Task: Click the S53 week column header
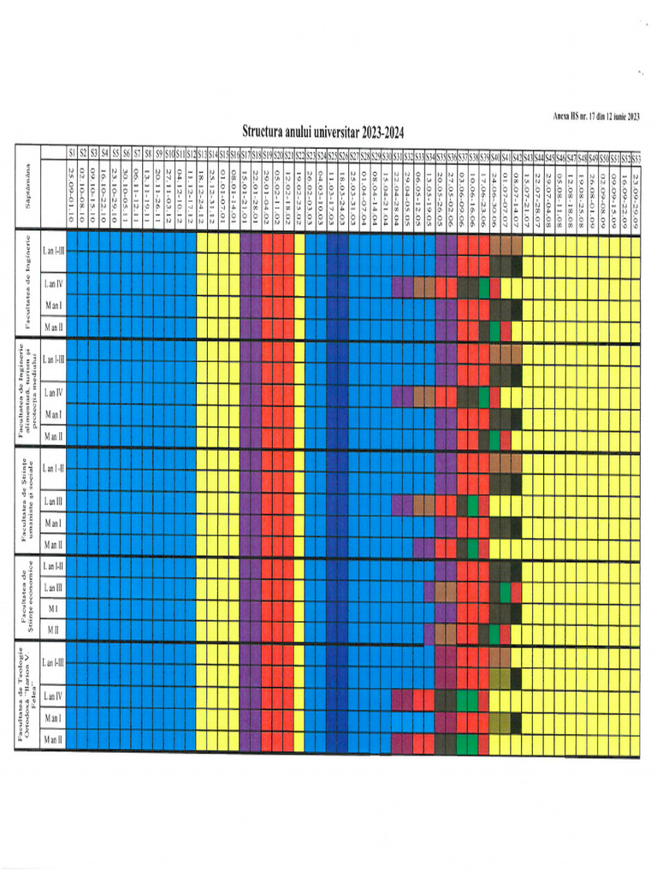click(636, 158)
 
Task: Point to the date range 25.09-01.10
click(72, 195)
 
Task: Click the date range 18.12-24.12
click(201, 195)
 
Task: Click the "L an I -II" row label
click(53, 467)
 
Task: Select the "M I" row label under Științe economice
click(53, 608)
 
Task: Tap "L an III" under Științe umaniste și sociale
click(53, 500)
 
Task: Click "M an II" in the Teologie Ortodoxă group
click(53, 738)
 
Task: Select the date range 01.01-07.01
click(222, 195)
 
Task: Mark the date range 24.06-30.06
click(494, 195)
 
